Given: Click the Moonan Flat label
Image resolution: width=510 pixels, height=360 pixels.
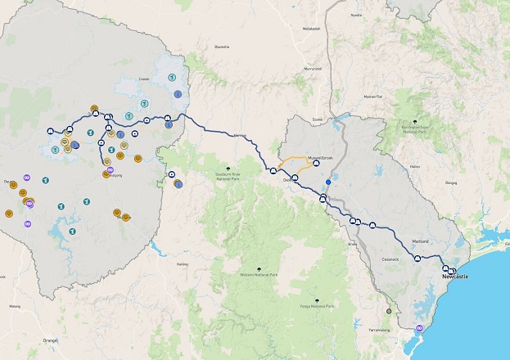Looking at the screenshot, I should [x=374, y=97].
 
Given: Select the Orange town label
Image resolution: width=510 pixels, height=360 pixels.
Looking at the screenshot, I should [x=51, y=340].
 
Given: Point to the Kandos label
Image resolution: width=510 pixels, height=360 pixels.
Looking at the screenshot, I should [x=182, y=263].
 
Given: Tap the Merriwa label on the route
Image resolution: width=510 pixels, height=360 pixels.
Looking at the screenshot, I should [x=240, y=135].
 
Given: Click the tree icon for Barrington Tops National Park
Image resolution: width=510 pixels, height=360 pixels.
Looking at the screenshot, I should [x=416, y=122].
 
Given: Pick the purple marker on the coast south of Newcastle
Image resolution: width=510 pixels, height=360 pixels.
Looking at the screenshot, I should [x=420, y=328].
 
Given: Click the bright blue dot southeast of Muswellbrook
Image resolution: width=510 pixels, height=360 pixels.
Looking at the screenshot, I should [x=328, y=182].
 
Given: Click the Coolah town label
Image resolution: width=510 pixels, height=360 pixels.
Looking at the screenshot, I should [x=143, y=79].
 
